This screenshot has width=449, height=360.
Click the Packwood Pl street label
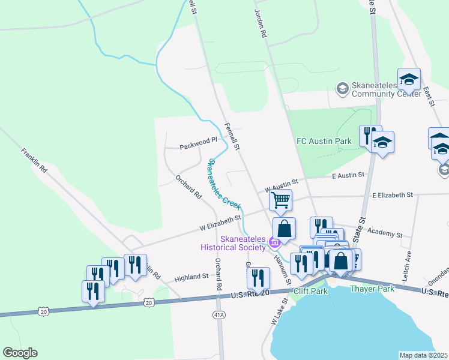pyautogui.click(x=198, y=145)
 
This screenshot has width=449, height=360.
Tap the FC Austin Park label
pyautogui.click(x=324, y=141)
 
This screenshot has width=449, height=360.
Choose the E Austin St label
pyautogui.click(x=348, y=175)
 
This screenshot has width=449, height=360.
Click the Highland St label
pyautogui.click(x=191, y=278)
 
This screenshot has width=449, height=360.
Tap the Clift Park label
pyautogui.click(x=310, y=291)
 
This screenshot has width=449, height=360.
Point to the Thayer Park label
pyautogui.click(x=372, y=289)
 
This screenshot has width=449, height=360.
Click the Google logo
pyautogui.click(x=20, y=353)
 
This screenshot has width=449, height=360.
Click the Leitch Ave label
pyautogui.click(x=408, y=257)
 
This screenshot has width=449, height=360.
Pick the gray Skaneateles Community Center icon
pyautogui.click(x=343, y=89)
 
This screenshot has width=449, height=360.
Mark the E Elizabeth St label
pyautogui.click(x=393, y=195)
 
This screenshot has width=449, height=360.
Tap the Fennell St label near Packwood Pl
pyautogui.click(x=232, y=136)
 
